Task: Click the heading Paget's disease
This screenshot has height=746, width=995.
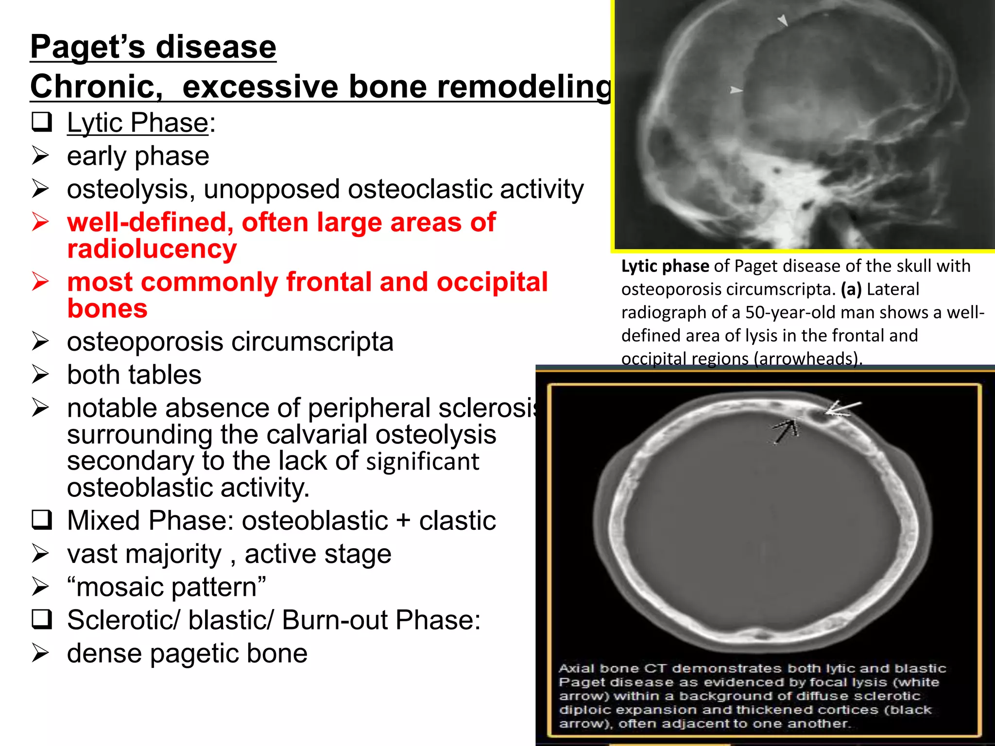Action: [153, 47]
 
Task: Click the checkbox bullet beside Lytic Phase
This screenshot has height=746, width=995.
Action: [42, 122]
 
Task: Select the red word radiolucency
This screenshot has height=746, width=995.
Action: [152, 249]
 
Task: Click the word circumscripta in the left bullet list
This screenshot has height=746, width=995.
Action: [312, 342]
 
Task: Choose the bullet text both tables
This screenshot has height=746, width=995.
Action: [134, 375]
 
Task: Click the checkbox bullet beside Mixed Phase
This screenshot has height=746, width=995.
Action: [42, 520]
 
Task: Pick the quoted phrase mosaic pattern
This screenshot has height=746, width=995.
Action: [166, 587]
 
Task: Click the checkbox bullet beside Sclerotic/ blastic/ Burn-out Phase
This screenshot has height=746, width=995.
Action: [42, 620]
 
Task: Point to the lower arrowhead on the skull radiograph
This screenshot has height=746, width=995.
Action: [736, 90]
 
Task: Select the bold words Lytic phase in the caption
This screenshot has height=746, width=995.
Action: [665, 266]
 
